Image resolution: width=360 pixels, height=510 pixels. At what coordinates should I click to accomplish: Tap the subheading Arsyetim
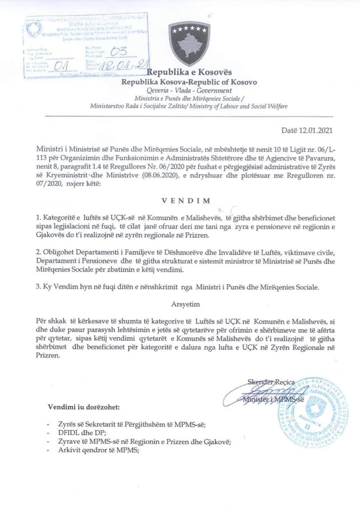pos(186,304)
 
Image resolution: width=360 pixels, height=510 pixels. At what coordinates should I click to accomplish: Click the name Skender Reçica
pos(271,382)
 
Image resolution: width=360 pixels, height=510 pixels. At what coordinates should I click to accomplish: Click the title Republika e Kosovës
pos(190,72)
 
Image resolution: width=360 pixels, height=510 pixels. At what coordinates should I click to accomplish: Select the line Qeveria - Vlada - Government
pos(190,90)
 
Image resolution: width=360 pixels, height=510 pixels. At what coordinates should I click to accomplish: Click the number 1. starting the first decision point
pos(39,218)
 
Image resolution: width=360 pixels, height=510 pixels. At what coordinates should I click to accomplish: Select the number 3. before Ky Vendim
pos(39,287)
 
